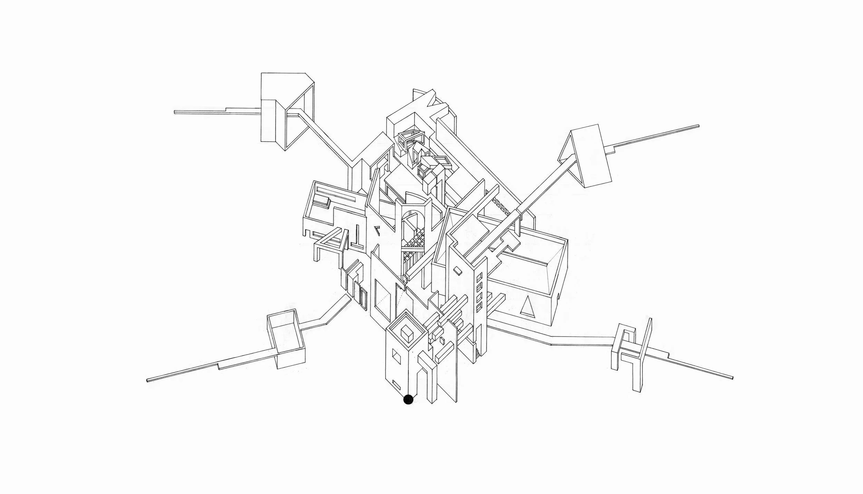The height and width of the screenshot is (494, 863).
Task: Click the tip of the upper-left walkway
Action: [175, 112]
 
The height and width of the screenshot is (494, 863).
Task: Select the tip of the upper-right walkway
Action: [698, 126]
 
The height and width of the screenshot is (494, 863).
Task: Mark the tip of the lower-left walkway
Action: [148, 380]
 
